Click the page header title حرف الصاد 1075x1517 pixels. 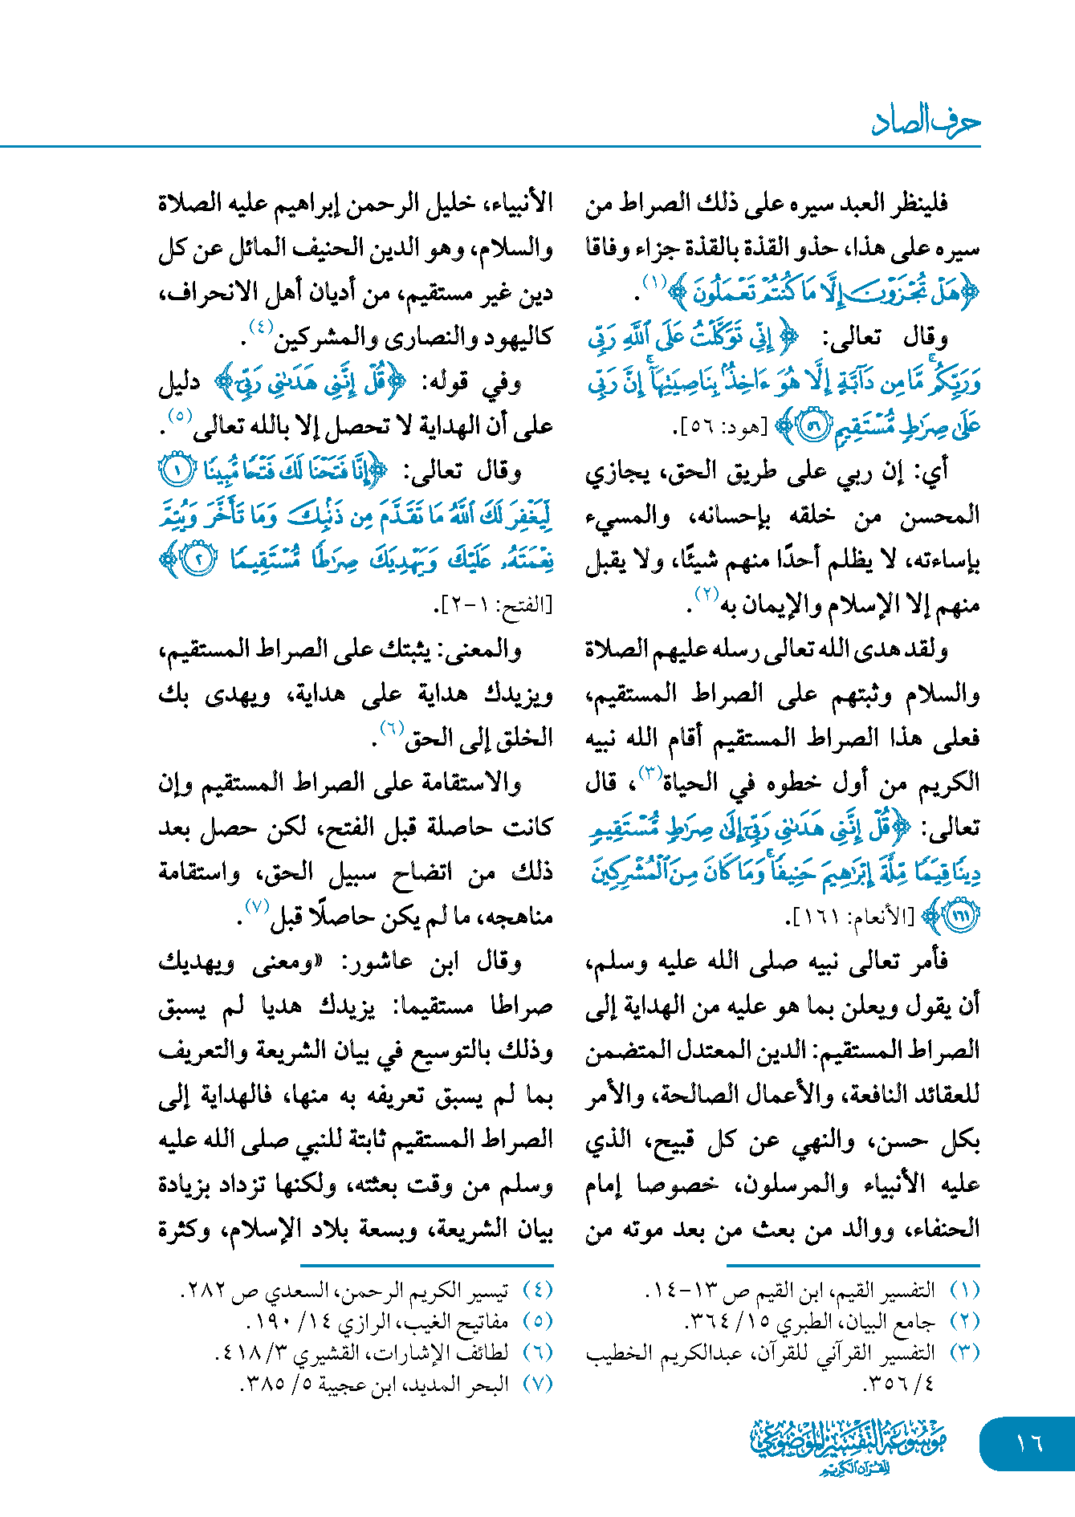point(926,122)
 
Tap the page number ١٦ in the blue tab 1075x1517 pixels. point(1028,1443)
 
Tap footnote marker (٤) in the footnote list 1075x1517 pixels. point(538,1290)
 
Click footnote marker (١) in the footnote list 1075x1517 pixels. point(965,1290)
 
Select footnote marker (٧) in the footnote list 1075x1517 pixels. point(538,1384)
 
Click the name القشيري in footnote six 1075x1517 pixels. point(327,1352)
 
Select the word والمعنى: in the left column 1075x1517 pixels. point(491,649)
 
